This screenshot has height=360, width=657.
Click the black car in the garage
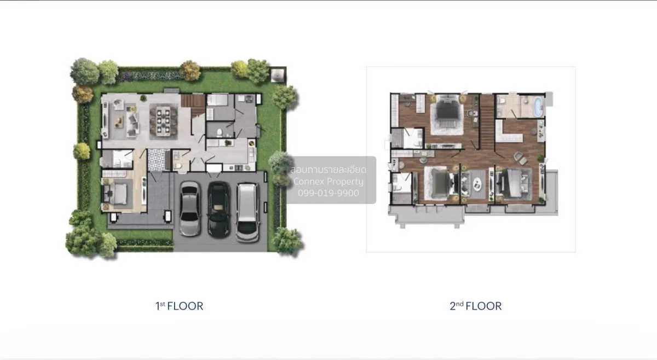pyautogui.click(x=219, y=209)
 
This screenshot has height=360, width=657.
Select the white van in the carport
pyautogui.click(x=248, y=212)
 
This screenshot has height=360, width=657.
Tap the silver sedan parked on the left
pyautogui.click(x=190, y=209)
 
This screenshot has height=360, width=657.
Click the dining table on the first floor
pyautogui.click(x=164, y=121)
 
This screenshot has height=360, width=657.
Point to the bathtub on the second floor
pyautogui.click(x=538, y=107)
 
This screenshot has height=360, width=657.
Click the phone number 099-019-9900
pyautogui.click(x=328, y=193)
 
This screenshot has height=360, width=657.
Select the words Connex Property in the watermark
pyautogui.click(x=328, y=182)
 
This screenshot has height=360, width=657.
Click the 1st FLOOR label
pyautogui.click(x=179, y=306)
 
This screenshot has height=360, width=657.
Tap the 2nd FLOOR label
pyautogui.click(x=475, y=306)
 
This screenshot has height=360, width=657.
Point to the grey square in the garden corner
pyautogui.click(x=278, y=75)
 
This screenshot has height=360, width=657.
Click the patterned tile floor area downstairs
pyautogui.click(x=157, y=159)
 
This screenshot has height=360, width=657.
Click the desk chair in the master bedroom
pyautogui.click(x=471, y=113)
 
